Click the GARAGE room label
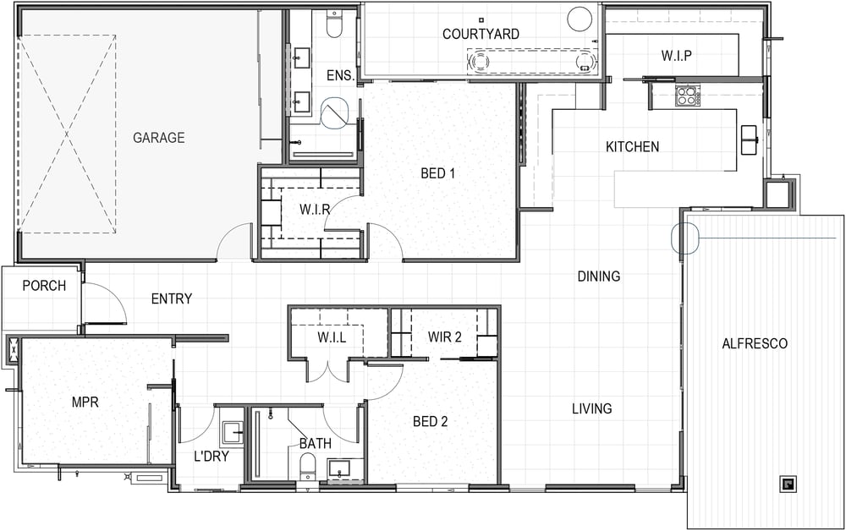tap(159, 138)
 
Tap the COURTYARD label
tap(481, 34)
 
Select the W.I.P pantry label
tap(677, 56)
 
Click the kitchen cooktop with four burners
tap(687, 96)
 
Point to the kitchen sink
tap(749, 140)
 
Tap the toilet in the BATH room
tap(308, 466)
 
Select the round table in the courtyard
tap(580, 19)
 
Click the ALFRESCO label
tap(755, 343)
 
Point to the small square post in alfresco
tap(788, 484)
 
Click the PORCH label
tap(44, 285)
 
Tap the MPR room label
tap(85, 402)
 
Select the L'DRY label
tap(211, 456)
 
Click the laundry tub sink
tap(233, 433)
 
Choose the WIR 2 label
tap(445, 337)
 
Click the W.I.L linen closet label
tap(332, 338)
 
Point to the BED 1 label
tap(437, 173)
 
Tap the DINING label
tap(599, 276)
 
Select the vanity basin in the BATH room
tap(339, 469)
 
